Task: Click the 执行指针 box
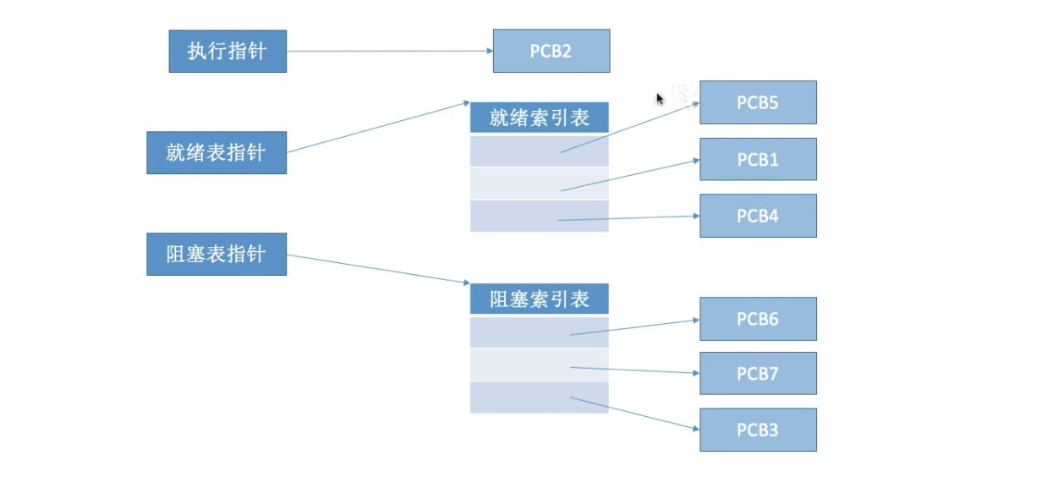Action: coord(228,51)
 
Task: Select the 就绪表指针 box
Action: coord(216,152)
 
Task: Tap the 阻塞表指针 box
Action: coord(216,254)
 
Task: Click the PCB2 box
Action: coord(551,51)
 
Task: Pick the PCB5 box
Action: coord(758,102)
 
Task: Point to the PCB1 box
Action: coord(758,159)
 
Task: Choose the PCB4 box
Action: coord(758,216)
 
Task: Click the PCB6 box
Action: coord(758,319)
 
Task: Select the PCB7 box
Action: coord(758,373)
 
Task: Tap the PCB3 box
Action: coord(758,430)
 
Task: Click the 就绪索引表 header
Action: coord(539,118)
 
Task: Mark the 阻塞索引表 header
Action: coord(539,299)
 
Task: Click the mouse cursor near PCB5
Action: coord(660,98)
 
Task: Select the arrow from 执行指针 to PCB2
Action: coord(389,51)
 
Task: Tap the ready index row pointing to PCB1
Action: coord(516,184)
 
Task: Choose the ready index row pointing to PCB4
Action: coord(516,216)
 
